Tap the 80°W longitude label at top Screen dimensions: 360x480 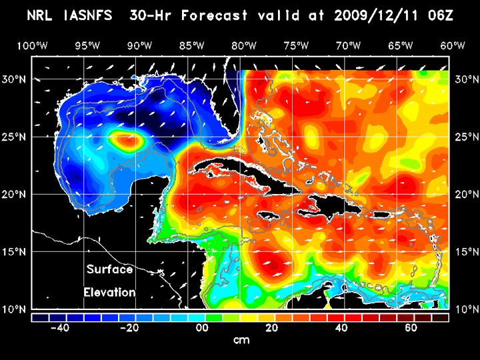click(245, 45)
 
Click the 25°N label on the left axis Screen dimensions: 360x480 click(18, 137)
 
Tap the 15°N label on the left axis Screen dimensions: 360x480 click(18, 251)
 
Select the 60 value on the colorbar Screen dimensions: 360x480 click(411, 328)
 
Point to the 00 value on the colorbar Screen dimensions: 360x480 click(200, 328)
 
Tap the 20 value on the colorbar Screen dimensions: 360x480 click(271, 328)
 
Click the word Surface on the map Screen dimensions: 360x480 click(109, 270)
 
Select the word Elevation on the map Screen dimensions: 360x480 click(109, 292)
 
